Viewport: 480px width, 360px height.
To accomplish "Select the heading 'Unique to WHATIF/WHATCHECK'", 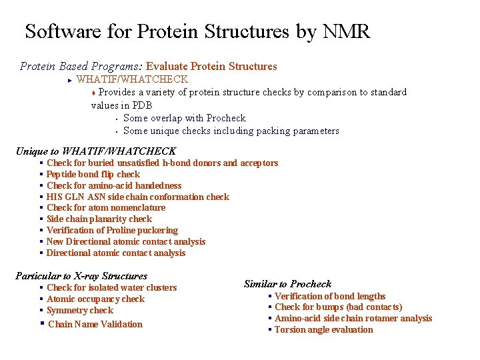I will pos(95,151).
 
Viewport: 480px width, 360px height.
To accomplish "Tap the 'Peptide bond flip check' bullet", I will pos(93,174).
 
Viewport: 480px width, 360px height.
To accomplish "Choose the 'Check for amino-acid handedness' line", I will pos(114,185).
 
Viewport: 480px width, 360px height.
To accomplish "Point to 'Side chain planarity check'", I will pos(99,219).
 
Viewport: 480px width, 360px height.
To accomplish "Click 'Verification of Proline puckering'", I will pos(112,230).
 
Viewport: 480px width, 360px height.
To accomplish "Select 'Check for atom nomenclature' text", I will pos(106,207).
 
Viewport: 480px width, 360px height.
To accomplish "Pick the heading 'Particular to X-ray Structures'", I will pos(81,276).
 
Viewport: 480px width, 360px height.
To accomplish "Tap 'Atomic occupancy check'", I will pos(95,299).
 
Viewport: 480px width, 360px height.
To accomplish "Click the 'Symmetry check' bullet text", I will pos(80,310).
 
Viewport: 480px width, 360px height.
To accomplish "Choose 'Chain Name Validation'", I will pos(95,324).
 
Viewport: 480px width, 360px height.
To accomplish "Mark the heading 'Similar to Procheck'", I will pos(287,284).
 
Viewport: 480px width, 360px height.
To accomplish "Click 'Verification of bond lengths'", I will pos(330,296).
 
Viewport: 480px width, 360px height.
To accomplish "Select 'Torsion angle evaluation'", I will pos(324,329).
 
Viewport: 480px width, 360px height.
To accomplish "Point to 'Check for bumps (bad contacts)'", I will pos(338,307).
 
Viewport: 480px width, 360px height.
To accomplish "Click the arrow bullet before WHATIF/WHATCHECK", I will pos(69,79).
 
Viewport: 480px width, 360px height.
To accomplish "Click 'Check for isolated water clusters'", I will pos(112,287).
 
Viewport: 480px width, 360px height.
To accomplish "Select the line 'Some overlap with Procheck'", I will pos(185,118).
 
